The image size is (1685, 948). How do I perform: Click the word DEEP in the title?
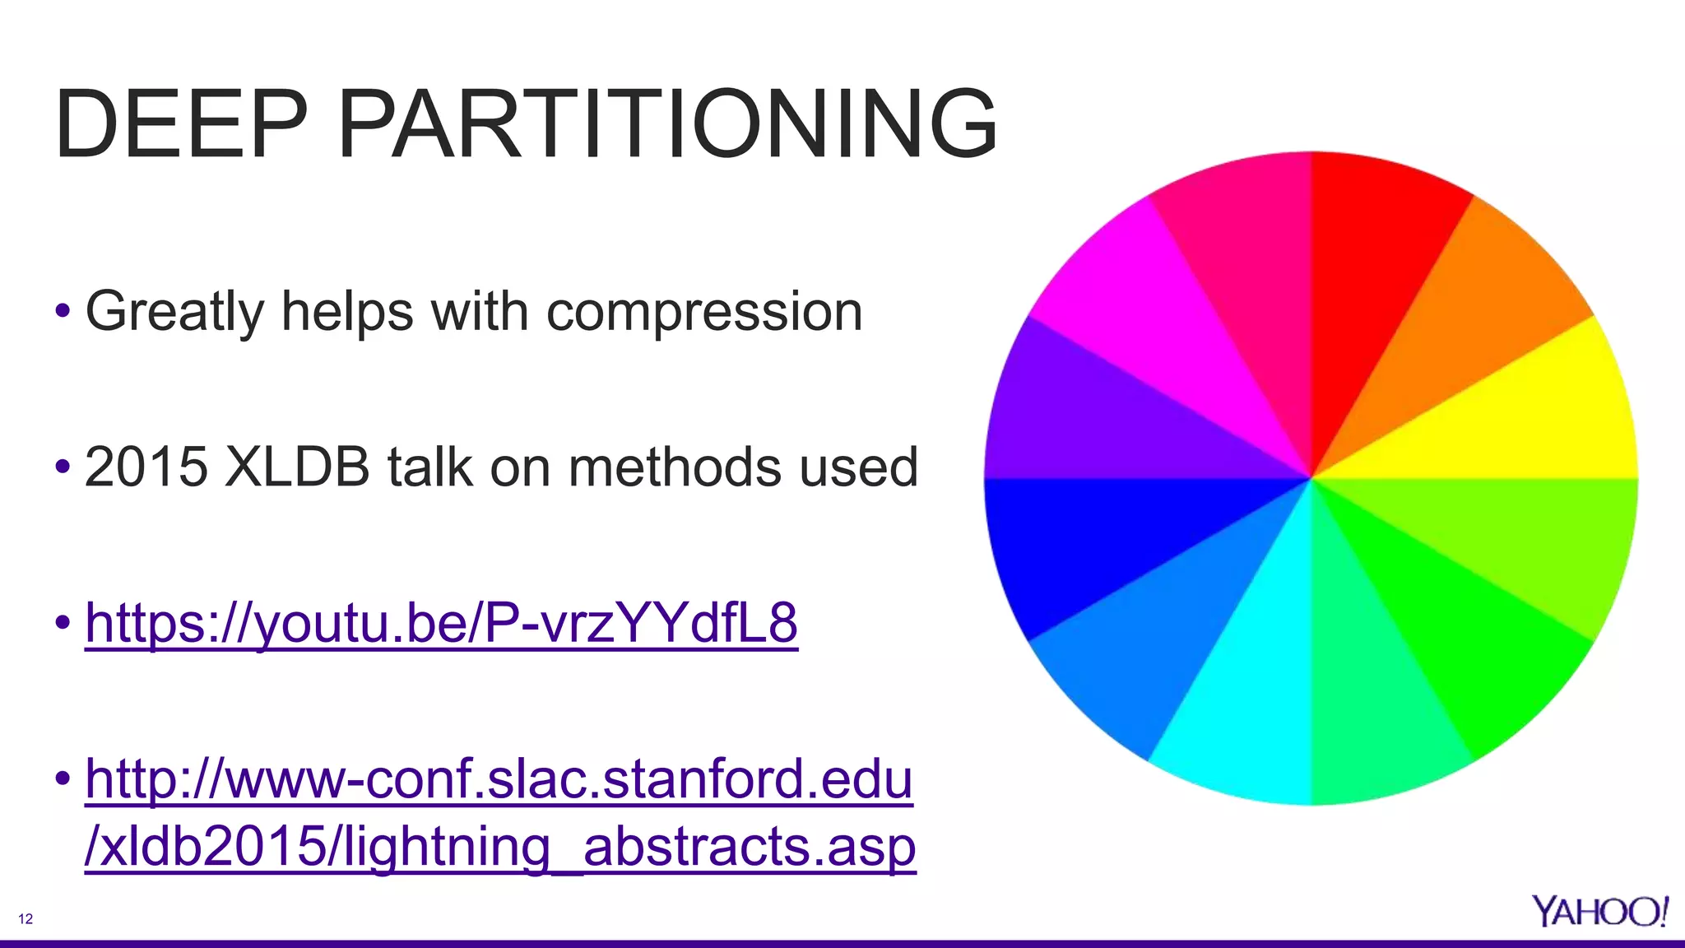pos(180,125)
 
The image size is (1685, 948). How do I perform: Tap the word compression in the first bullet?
pos(704,312)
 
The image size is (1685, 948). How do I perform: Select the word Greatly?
pos(174,312)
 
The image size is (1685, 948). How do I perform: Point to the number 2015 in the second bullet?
pos(146,467)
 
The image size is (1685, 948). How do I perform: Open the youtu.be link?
pos(441,623)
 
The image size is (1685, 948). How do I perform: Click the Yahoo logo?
pos(1599,912)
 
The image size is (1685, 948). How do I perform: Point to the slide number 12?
pos(26,919)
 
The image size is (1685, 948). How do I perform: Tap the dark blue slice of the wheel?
pos(1070,543)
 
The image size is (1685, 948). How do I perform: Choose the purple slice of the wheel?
pos(1070,411)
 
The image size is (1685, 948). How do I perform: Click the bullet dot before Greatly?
pos(63,312)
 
